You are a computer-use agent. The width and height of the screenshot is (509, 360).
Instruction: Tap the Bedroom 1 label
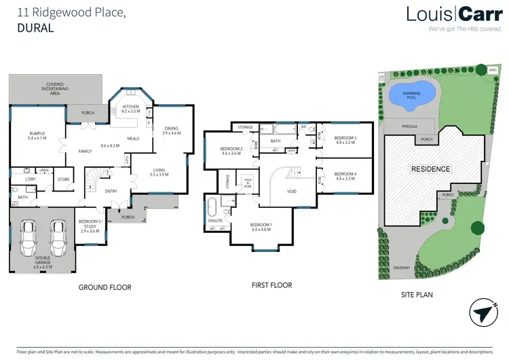coord(261,227)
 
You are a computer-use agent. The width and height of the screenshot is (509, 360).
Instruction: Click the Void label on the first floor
coord(291,192)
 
